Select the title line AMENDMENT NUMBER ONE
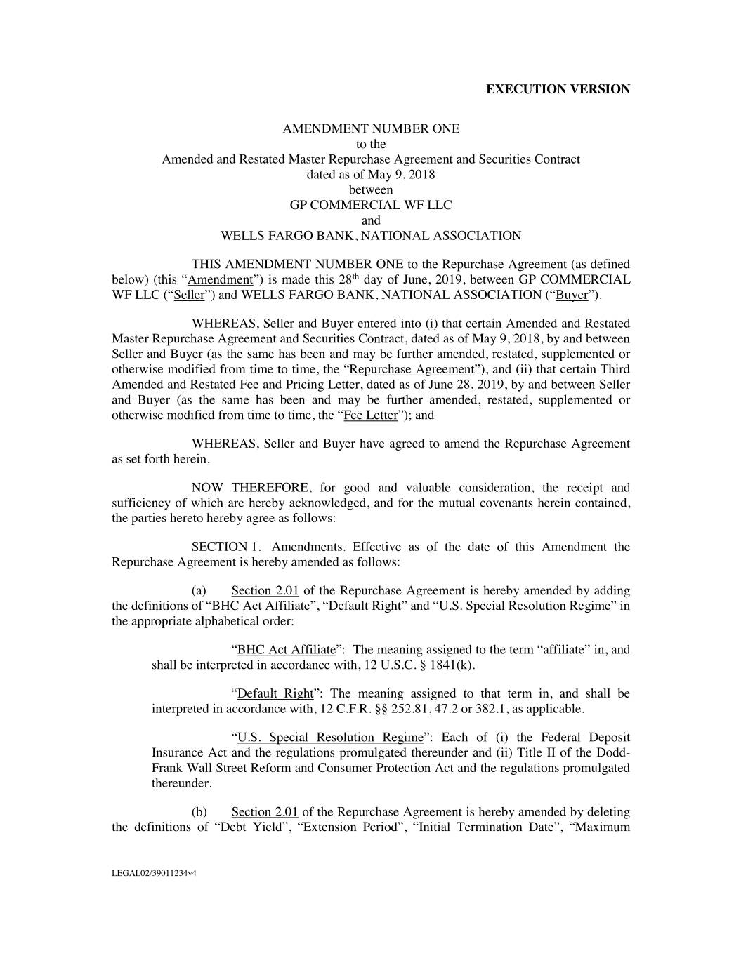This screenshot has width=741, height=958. point(371,129)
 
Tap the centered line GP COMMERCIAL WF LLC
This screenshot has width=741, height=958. point(371,205)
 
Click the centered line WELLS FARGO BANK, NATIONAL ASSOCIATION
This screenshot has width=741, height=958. point(371,236)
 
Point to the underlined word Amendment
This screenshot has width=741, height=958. point(221,280)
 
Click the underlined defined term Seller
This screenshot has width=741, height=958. point(189,295)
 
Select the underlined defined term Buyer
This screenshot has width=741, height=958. point(572,295)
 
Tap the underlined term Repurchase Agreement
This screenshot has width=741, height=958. point(412,370)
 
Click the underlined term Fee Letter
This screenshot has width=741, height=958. point(371,415)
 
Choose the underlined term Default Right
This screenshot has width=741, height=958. point(275,694)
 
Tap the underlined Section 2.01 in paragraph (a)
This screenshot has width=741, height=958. point(265,591)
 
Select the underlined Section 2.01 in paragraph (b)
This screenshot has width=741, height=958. point(265,812)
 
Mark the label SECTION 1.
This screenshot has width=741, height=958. point(219,547)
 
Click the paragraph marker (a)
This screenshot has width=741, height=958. point(199,591)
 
